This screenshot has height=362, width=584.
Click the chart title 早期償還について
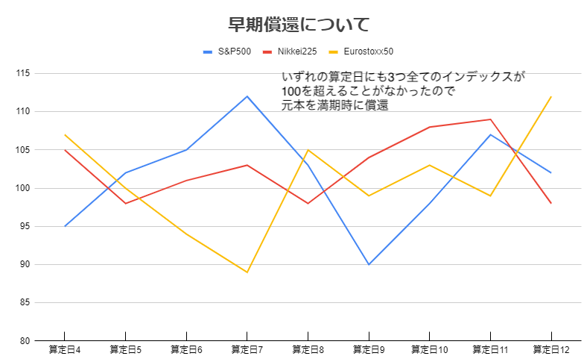pyautogui.click(x=299, y=25)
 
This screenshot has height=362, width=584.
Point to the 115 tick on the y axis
pyautogui.click(x=21, y=73)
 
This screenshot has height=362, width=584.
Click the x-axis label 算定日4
pyautogui.click(x=65, y=349)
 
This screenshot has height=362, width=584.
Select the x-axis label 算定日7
pyautogui.click(x=247, y=349)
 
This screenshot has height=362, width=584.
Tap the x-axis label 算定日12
pyautogui.click(x=551, y=349)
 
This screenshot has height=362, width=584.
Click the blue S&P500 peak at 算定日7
pyautogui.click(x=247, y=96)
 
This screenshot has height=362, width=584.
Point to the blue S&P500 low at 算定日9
pyautogui.click(x=369, y=264)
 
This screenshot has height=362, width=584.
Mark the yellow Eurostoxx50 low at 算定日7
pyautogui.click(x=247, y=272)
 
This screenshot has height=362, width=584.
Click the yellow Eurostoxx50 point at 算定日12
pyautogui.click(x=551, y=96)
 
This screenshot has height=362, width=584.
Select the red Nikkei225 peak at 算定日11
pyautogui.click(x=490, y=119)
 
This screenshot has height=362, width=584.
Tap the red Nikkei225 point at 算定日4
pyautogui.click(x=65, y=150)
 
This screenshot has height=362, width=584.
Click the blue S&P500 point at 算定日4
pyautogui.click(x=65, y=226)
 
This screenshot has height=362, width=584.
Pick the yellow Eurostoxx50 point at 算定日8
pyautogui.click(x=308, y=150)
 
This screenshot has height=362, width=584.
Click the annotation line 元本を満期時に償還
pyautogui.click(x=335, y=105)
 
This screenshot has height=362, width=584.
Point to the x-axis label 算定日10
pyautogui.click(x=430, y=349)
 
